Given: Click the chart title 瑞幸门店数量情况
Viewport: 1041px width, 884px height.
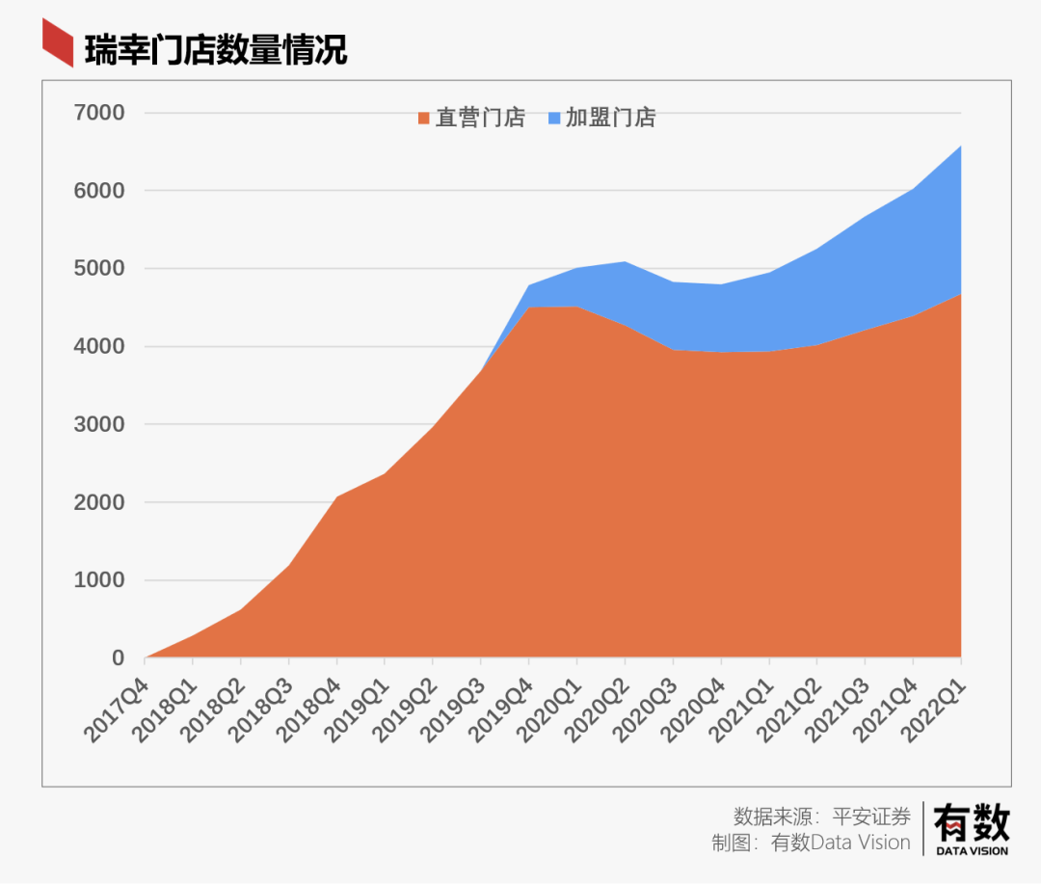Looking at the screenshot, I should pos(215,49).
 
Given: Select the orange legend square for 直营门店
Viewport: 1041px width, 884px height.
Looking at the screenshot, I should pos(423,119).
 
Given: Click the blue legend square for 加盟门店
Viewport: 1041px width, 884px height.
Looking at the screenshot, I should pos(553,119).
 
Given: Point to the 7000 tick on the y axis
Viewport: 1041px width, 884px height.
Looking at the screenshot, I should pos(99,113).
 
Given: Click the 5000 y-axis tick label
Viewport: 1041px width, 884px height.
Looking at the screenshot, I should pos(99,268).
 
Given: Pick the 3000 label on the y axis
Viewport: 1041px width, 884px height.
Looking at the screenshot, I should pos(99,424).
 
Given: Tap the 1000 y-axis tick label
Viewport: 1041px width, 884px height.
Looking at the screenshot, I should pos(99,580).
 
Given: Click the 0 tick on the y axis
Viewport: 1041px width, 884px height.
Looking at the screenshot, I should pos(118,658).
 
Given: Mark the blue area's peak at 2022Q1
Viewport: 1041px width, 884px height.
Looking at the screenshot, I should pos(960,147).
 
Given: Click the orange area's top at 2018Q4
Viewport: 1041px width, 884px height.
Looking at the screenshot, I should pos(336,496).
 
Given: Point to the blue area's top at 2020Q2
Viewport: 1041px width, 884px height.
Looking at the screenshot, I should pos(625,262).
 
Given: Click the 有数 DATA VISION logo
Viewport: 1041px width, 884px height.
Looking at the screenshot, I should pos(971,828).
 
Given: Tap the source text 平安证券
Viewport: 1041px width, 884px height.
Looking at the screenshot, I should pos(871,817).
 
